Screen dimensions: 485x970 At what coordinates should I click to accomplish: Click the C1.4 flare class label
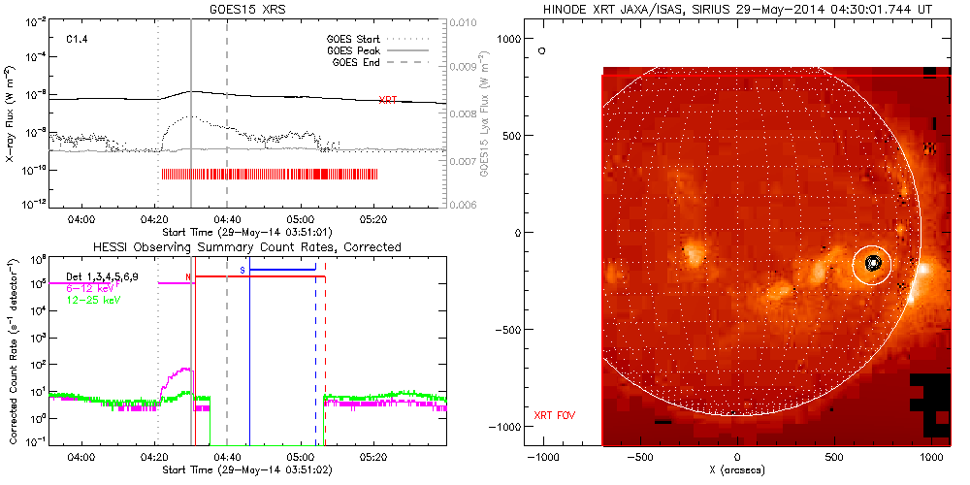coord(78,40)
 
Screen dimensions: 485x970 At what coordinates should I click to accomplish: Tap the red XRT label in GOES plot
coord(387,99)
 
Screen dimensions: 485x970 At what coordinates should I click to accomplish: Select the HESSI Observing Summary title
coord(245,247)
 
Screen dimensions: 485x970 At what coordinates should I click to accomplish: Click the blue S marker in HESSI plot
coord(242,268)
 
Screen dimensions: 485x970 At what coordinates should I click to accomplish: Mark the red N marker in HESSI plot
coord(188,276)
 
